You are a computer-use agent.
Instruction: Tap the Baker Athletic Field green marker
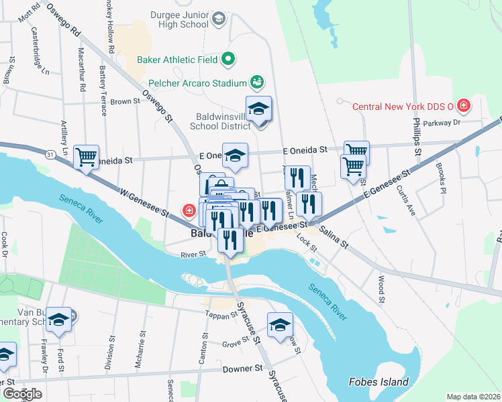(228, 60)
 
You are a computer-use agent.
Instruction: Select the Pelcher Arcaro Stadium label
(194, 83)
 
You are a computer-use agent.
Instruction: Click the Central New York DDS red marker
(463, 105)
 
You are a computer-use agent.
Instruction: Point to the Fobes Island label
(379, 382)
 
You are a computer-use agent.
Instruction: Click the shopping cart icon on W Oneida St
(87, 157)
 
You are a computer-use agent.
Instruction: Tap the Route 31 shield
(52, 155)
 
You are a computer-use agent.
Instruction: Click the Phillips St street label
(417, 137)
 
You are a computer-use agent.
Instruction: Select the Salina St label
(334, 238)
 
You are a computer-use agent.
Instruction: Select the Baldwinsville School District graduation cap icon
(258, 109)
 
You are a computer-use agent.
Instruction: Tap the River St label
(193, 254)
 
